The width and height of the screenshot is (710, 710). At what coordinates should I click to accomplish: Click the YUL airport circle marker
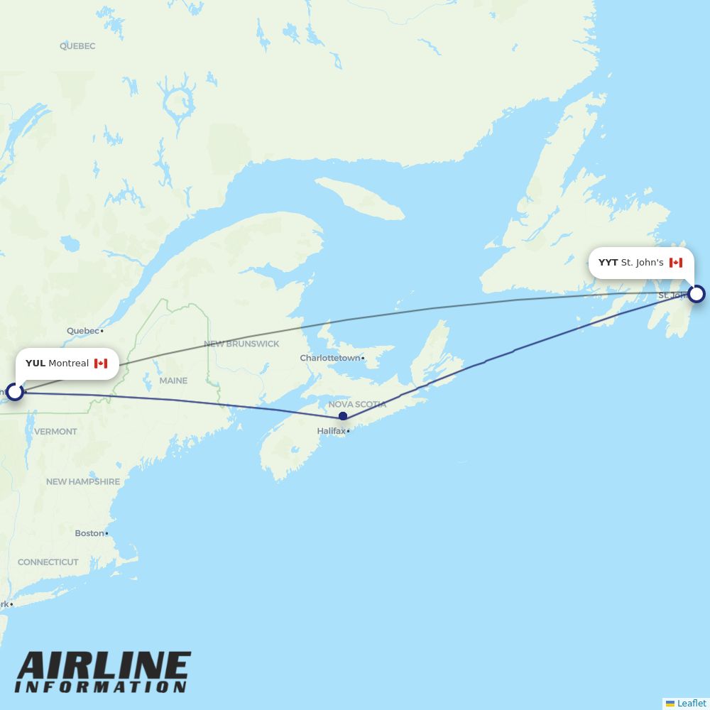tap(14, 391)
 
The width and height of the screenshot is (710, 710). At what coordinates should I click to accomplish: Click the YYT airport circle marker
tap(697, 293)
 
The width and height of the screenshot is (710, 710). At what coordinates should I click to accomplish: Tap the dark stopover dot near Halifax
tap(343, 416)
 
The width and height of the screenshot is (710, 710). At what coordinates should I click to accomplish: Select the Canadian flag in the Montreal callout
tap(101, 364)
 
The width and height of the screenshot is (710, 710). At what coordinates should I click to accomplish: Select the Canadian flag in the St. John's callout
tap(676, 263)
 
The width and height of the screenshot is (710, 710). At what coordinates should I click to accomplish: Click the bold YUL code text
tap(35, 364)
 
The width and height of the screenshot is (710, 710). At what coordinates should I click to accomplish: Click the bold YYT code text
tap(608, 263)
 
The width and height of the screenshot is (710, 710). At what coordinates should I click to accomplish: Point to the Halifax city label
tap(332, 431)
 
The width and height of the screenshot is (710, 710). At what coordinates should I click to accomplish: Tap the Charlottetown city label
tap(330, 358)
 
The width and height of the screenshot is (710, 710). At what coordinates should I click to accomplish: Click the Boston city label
tap(89, 533)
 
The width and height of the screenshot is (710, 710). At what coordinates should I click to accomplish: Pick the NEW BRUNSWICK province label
tap(241, 344)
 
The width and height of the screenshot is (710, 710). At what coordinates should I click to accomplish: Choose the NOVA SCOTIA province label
tap(357, 404)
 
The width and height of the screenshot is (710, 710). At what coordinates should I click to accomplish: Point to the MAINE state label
tap(173, 381)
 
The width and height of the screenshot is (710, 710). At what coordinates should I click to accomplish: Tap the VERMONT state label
tap(55, 432)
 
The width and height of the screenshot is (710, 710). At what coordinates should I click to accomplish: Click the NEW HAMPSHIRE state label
tap(83, 481)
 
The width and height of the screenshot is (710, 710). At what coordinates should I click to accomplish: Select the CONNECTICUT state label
tap(48, 562)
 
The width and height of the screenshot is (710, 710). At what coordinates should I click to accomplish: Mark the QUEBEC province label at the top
tap(77, 46)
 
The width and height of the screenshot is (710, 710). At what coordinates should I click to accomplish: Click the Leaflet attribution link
tap(691, 703)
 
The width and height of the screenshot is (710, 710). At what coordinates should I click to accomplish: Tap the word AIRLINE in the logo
tap(104, 667)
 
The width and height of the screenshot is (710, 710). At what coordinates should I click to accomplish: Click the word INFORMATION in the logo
tap(100, 687)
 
